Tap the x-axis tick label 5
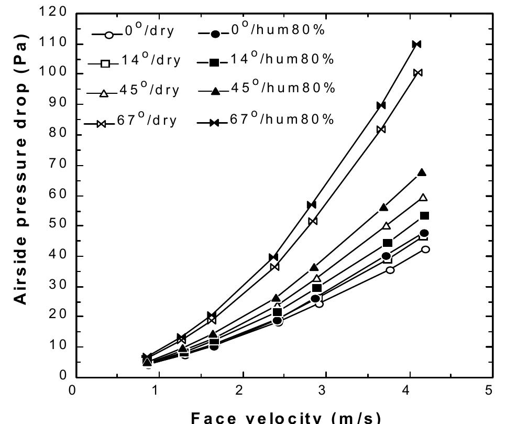point(489,390)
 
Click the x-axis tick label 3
point(325,390)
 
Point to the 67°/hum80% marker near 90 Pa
point(381,105)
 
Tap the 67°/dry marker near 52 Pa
point(313,221)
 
